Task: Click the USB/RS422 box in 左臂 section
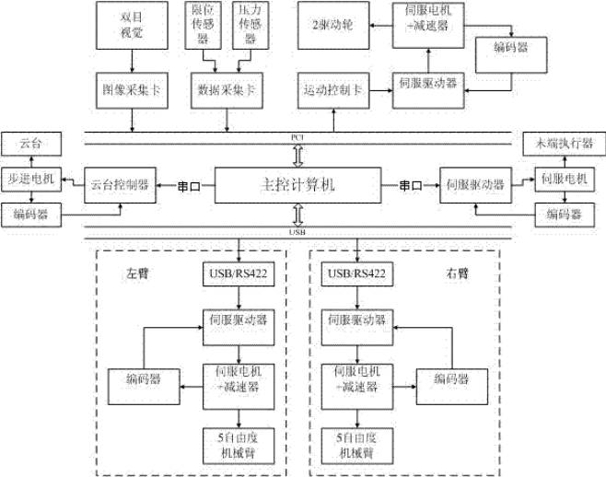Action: pos(239,275)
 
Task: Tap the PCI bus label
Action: pos(297,137)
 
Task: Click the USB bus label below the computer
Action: pos(297,233)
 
